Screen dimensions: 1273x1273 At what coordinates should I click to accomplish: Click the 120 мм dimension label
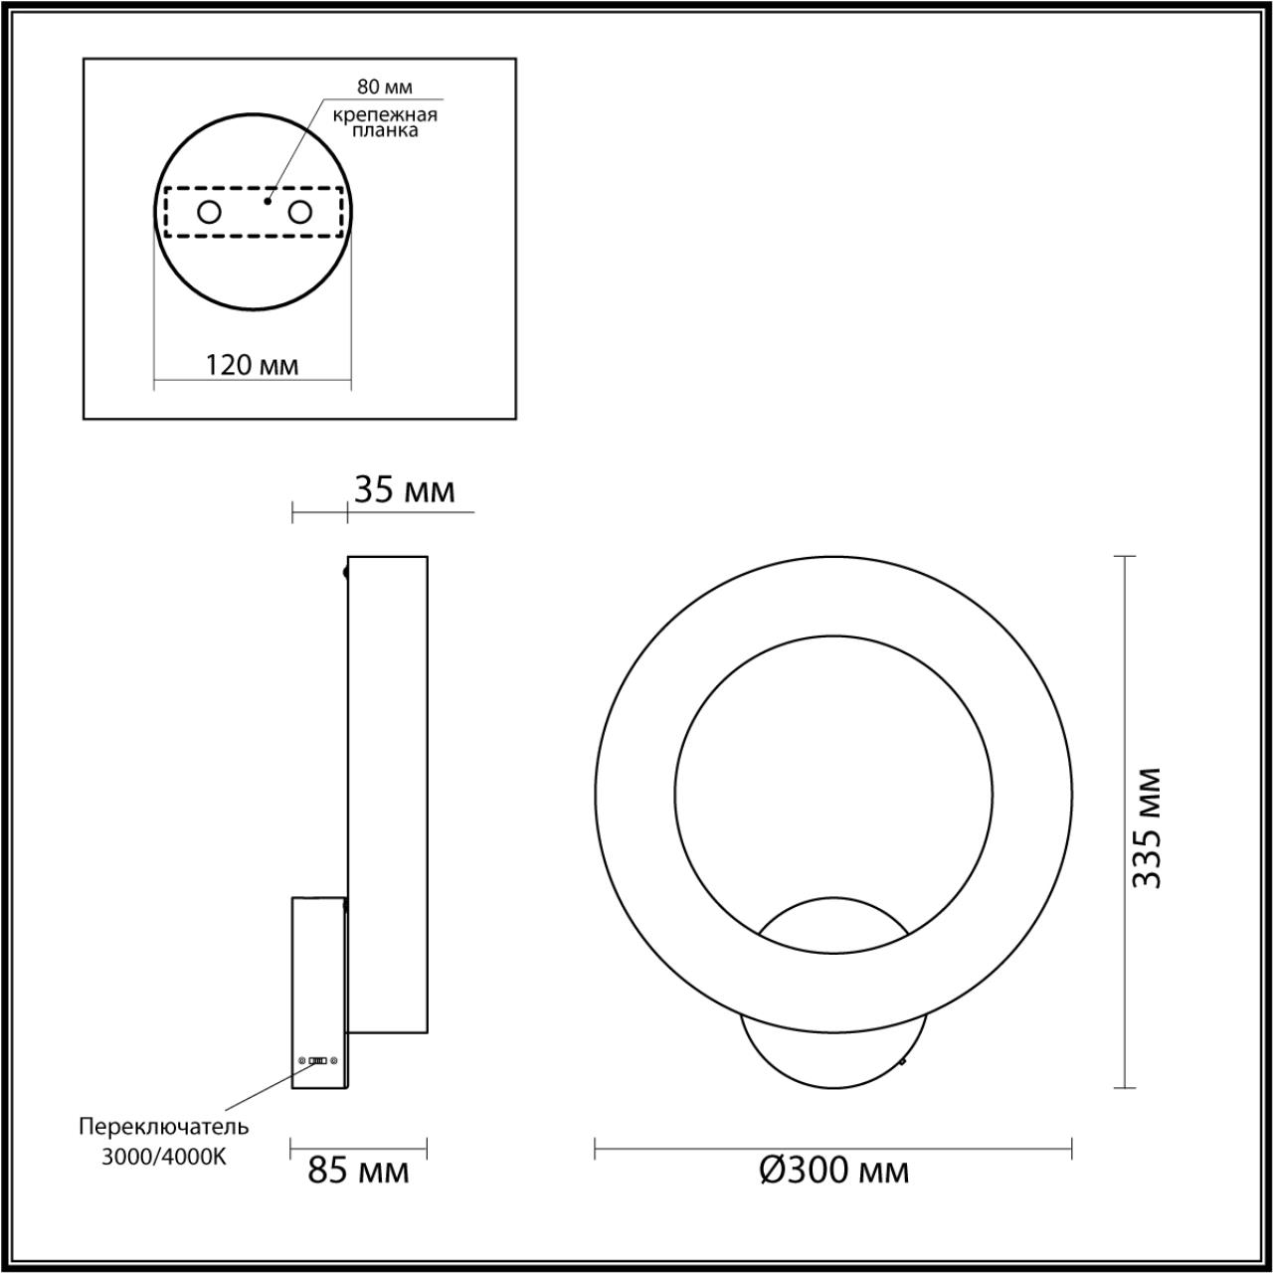(252, 365)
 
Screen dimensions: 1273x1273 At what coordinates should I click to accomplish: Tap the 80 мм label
(384, 88)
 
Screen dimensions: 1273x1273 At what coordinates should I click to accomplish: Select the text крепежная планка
(385, 121)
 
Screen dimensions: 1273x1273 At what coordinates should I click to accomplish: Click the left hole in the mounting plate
(210, 212)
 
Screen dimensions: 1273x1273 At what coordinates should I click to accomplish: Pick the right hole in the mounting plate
(299, 212)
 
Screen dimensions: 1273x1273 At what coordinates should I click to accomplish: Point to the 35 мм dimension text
(404, 490)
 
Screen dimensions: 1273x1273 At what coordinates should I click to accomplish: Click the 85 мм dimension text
(358, 1171)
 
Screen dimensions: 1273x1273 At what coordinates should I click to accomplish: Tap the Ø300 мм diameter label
(833, 1171)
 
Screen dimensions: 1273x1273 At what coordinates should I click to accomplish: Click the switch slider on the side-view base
(318, 1060)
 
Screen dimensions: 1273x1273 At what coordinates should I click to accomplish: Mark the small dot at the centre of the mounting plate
(267, 201)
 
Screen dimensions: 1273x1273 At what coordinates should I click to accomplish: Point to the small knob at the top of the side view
(345, 572)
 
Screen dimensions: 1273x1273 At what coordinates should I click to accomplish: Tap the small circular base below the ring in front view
(833, 1054)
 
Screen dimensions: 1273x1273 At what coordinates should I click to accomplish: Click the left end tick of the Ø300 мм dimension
(595, 1149)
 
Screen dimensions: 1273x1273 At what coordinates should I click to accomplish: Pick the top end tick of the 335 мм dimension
(1124, 557)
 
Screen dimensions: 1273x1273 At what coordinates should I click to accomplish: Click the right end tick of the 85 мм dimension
(427, 1149)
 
